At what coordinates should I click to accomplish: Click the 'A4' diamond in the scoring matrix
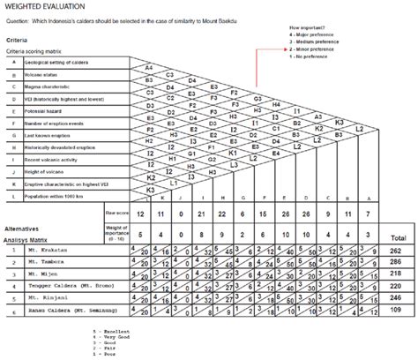(x=149, y=67)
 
